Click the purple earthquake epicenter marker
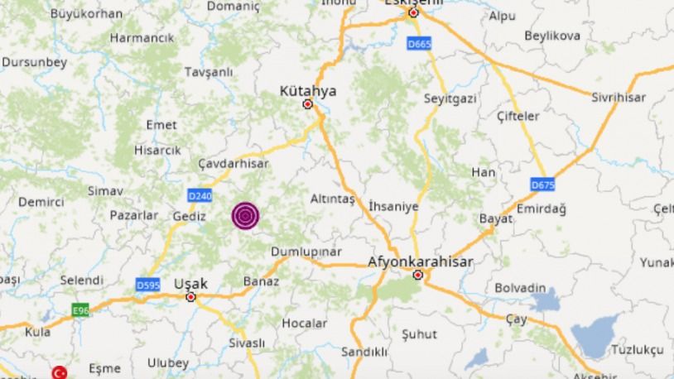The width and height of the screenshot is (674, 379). tap(245, 215)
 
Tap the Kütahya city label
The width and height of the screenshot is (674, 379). tap(309, 90)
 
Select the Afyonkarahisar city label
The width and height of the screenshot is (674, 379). tap(420, 261)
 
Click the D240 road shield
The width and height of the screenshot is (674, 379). tap(199, 195)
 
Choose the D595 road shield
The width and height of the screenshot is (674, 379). tap(147, 284)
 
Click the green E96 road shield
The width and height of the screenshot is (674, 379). tap(79, 309)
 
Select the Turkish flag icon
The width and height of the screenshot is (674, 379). tap(60, 372)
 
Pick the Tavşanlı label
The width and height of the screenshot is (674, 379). tap(207, 72)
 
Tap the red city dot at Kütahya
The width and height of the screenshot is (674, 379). tap(308, 105)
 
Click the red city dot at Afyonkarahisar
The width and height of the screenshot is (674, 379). tap(419, 276)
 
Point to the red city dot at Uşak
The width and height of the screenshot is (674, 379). tap(191, 296)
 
